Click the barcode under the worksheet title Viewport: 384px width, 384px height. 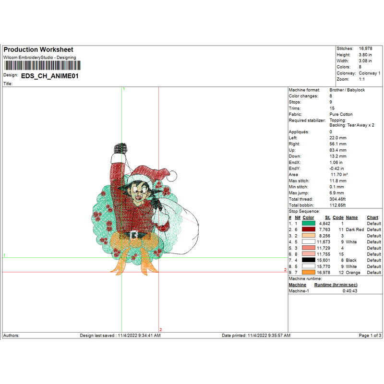click(42, 65)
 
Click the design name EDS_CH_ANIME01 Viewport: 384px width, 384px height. click(50, 76)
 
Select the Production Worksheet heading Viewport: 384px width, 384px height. click(38, 49)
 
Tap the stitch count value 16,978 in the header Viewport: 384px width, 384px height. click(365, 48)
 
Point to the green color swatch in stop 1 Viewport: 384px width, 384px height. click(308, 223)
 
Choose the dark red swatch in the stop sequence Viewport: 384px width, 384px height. click(308, 229)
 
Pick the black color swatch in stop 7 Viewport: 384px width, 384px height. click(308, 260)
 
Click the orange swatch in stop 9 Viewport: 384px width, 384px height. click(308, 272)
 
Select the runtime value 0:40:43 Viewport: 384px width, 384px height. click(350, 291)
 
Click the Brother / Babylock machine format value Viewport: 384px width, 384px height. click(347, 90)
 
